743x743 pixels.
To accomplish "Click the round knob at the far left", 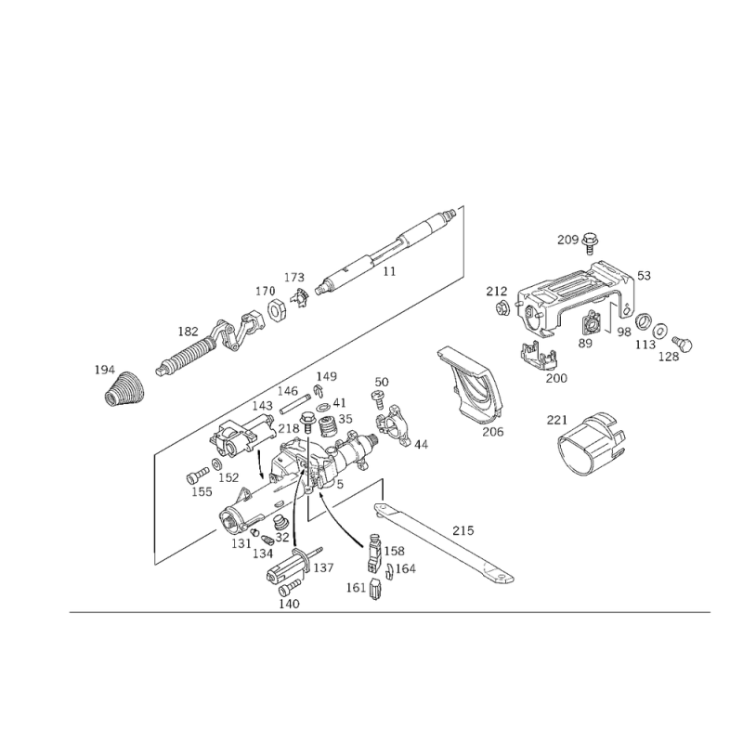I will (x=124, y=388).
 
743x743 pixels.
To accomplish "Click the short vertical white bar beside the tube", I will (x=464, y=240).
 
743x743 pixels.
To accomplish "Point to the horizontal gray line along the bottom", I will (x=390, y=611).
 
